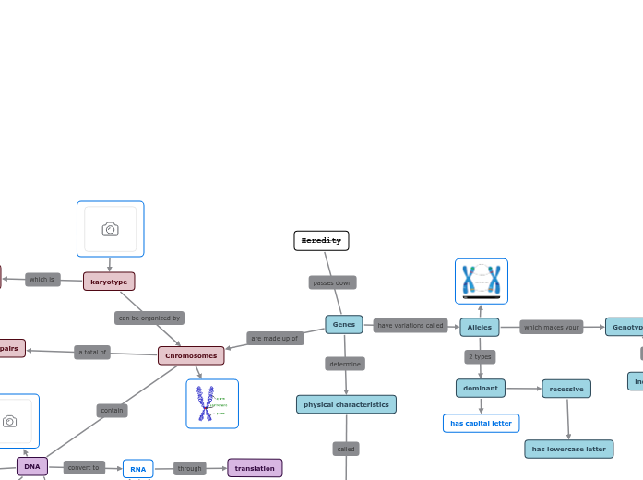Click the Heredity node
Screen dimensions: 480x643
point(321,241)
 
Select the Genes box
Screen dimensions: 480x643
point(344,325)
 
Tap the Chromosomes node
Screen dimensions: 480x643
point(191,355)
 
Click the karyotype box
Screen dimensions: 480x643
point(109,282)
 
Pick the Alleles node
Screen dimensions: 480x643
point(480,327)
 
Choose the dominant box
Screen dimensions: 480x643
point(481,388)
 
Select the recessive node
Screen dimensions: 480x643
point(566,389)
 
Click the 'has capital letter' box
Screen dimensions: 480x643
point(481,423)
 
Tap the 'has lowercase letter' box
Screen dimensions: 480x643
point(568,449)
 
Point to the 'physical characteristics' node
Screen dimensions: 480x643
point(346,404)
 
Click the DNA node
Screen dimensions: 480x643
point(32,466)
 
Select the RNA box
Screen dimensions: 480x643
point(138,469)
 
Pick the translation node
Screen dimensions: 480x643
point(255,468)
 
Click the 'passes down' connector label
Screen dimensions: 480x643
point(332,282)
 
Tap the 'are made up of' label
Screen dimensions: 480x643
point(275,339)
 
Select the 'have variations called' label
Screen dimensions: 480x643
point(411,326)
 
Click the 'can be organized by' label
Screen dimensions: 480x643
point(149,318)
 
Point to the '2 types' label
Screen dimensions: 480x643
point(480,356)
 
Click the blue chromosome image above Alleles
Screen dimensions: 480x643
point(482,281)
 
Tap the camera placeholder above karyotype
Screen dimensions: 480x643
point(111,229)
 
